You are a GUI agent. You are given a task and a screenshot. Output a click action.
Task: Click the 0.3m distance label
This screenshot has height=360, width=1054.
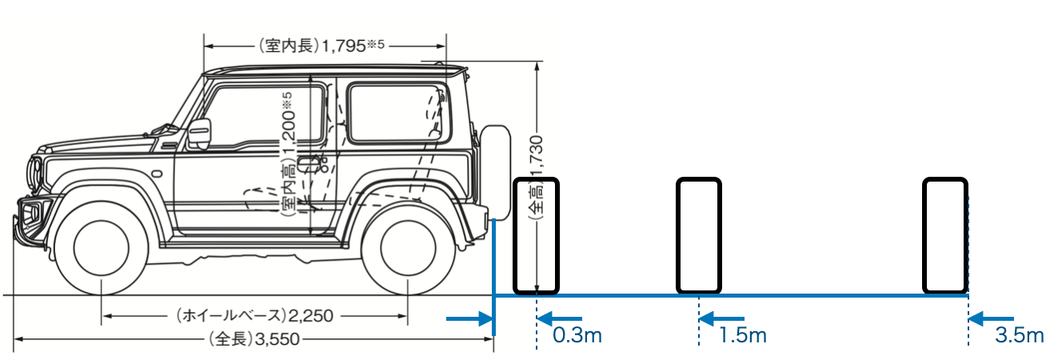[577, 335]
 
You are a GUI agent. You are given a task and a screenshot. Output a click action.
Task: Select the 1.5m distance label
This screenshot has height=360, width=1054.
[743, 335]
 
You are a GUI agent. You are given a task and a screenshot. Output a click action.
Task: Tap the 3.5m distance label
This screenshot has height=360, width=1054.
[1019, 335]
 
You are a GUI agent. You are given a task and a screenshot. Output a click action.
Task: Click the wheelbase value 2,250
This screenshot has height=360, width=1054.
[310, 316]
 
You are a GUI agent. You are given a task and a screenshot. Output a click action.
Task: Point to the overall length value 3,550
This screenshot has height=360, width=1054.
[277, 339]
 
